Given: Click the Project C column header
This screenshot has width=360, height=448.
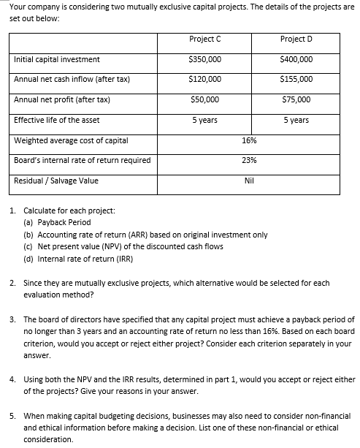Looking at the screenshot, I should pyautogui.click(x=201, y=39).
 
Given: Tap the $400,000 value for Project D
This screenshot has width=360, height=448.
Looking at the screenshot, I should pyautogui.click(x=296, y=59).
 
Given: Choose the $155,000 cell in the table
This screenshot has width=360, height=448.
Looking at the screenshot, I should pyautogui.click(x=296, y=79).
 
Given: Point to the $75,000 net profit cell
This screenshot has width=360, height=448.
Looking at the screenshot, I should pyautogui.click(x=296, y=99).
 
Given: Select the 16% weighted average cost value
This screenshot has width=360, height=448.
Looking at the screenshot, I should pyautogui.click(x=248, y=140).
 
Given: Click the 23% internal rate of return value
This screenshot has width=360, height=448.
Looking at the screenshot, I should pyautogui.click(x=248, y=160).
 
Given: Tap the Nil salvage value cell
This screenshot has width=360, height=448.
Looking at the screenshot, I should pyautogui.click(x=248, y=181).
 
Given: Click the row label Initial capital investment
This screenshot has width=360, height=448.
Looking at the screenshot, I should pyautogui.click(x=57, y=59).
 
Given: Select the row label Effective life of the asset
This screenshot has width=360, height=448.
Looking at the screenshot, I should pyautogui.click(x=57, y=120).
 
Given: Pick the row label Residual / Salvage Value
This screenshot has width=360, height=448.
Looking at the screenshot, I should pyautogui.click(x=56, y=181).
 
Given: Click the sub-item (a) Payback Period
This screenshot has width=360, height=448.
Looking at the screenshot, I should pyautogui.click(x=57, y=222).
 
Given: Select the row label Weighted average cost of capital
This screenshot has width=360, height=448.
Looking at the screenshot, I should pyautogui.click(x=71, y=140).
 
